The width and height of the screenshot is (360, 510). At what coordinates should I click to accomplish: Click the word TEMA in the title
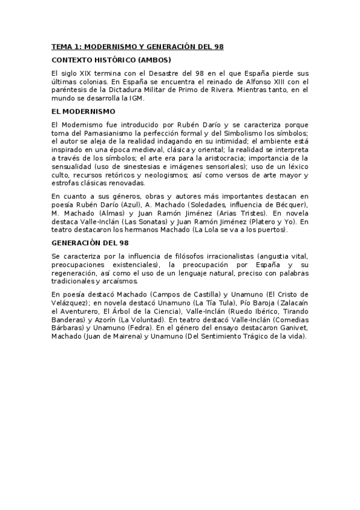click(x=61, y=46)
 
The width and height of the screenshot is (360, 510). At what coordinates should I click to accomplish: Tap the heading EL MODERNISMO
click(x=84, y=111)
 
